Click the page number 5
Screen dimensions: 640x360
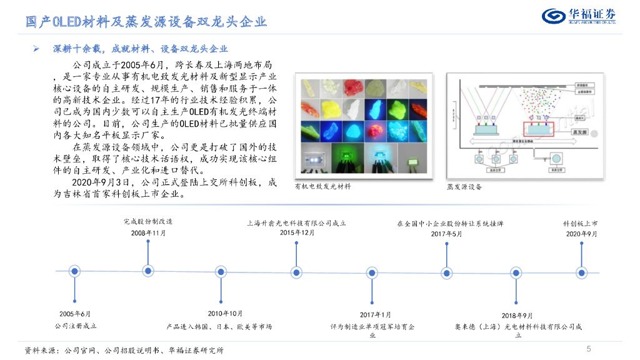589,349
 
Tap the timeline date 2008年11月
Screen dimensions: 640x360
148,233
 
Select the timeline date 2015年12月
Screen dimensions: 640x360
297,233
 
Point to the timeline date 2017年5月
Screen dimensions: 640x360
446,234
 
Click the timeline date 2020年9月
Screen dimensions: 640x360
582,234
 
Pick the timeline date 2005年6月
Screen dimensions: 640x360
75,313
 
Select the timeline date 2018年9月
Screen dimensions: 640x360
517,316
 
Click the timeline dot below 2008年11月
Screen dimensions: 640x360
148,271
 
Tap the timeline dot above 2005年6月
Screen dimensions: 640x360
75,271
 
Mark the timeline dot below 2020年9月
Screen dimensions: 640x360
582,271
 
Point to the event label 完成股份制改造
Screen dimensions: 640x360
147,222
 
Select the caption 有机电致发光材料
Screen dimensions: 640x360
322,186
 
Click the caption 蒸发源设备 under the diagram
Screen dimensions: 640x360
464,187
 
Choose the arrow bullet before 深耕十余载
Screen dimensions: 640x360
37,48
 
